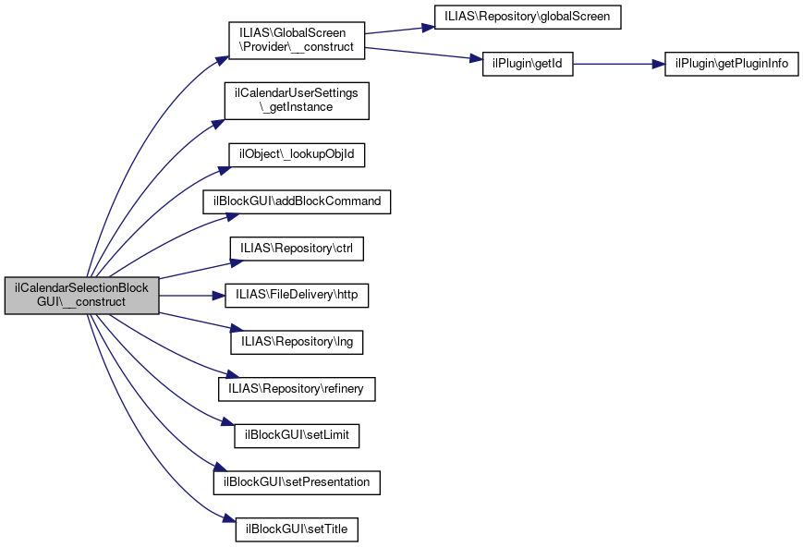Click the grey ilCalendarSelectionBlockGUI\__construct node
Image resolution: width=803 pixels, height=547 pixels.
[x=81, y=296]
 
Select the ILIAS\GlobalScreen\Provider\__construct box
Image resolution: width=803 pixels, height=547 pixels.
[x=297, y=40]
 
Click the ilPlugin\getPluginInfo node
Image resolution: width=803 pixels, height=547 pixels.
[x=731, y=64]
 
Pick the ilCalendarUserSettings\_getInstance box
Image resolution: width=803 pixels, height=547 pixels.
[x=297, y=100]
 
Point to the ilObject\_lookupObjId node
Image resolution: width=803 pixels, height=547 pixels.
[x=297, y=154]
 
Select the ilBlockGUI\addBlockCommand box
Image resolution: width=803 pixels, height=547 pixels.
[x=297, y=201]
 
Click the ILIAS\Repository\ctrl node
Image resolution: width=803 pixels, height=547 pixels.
[x=297, y=249]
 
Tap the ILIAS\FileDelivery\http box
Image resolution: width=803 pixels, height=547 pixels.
[x=297, y=296]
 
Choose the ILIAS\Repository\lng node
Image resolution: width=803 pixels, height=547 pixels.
[x=297, y=342]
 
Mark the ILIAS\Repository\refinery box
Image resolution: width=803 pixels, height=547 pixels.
[x=297, y=389]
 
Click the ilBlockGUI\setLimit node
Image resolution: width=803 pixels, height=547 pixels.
[x=297, y=436]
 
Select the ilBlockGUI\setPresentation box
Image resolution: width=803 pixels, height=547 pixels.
[x=297, y=482]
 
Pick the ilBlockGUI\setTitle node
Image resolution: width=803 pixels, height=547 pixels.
[x=297, y=529]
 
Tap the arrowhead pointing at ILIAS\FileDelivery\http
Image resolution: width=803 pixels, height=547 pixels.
[x=221, y=296]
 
